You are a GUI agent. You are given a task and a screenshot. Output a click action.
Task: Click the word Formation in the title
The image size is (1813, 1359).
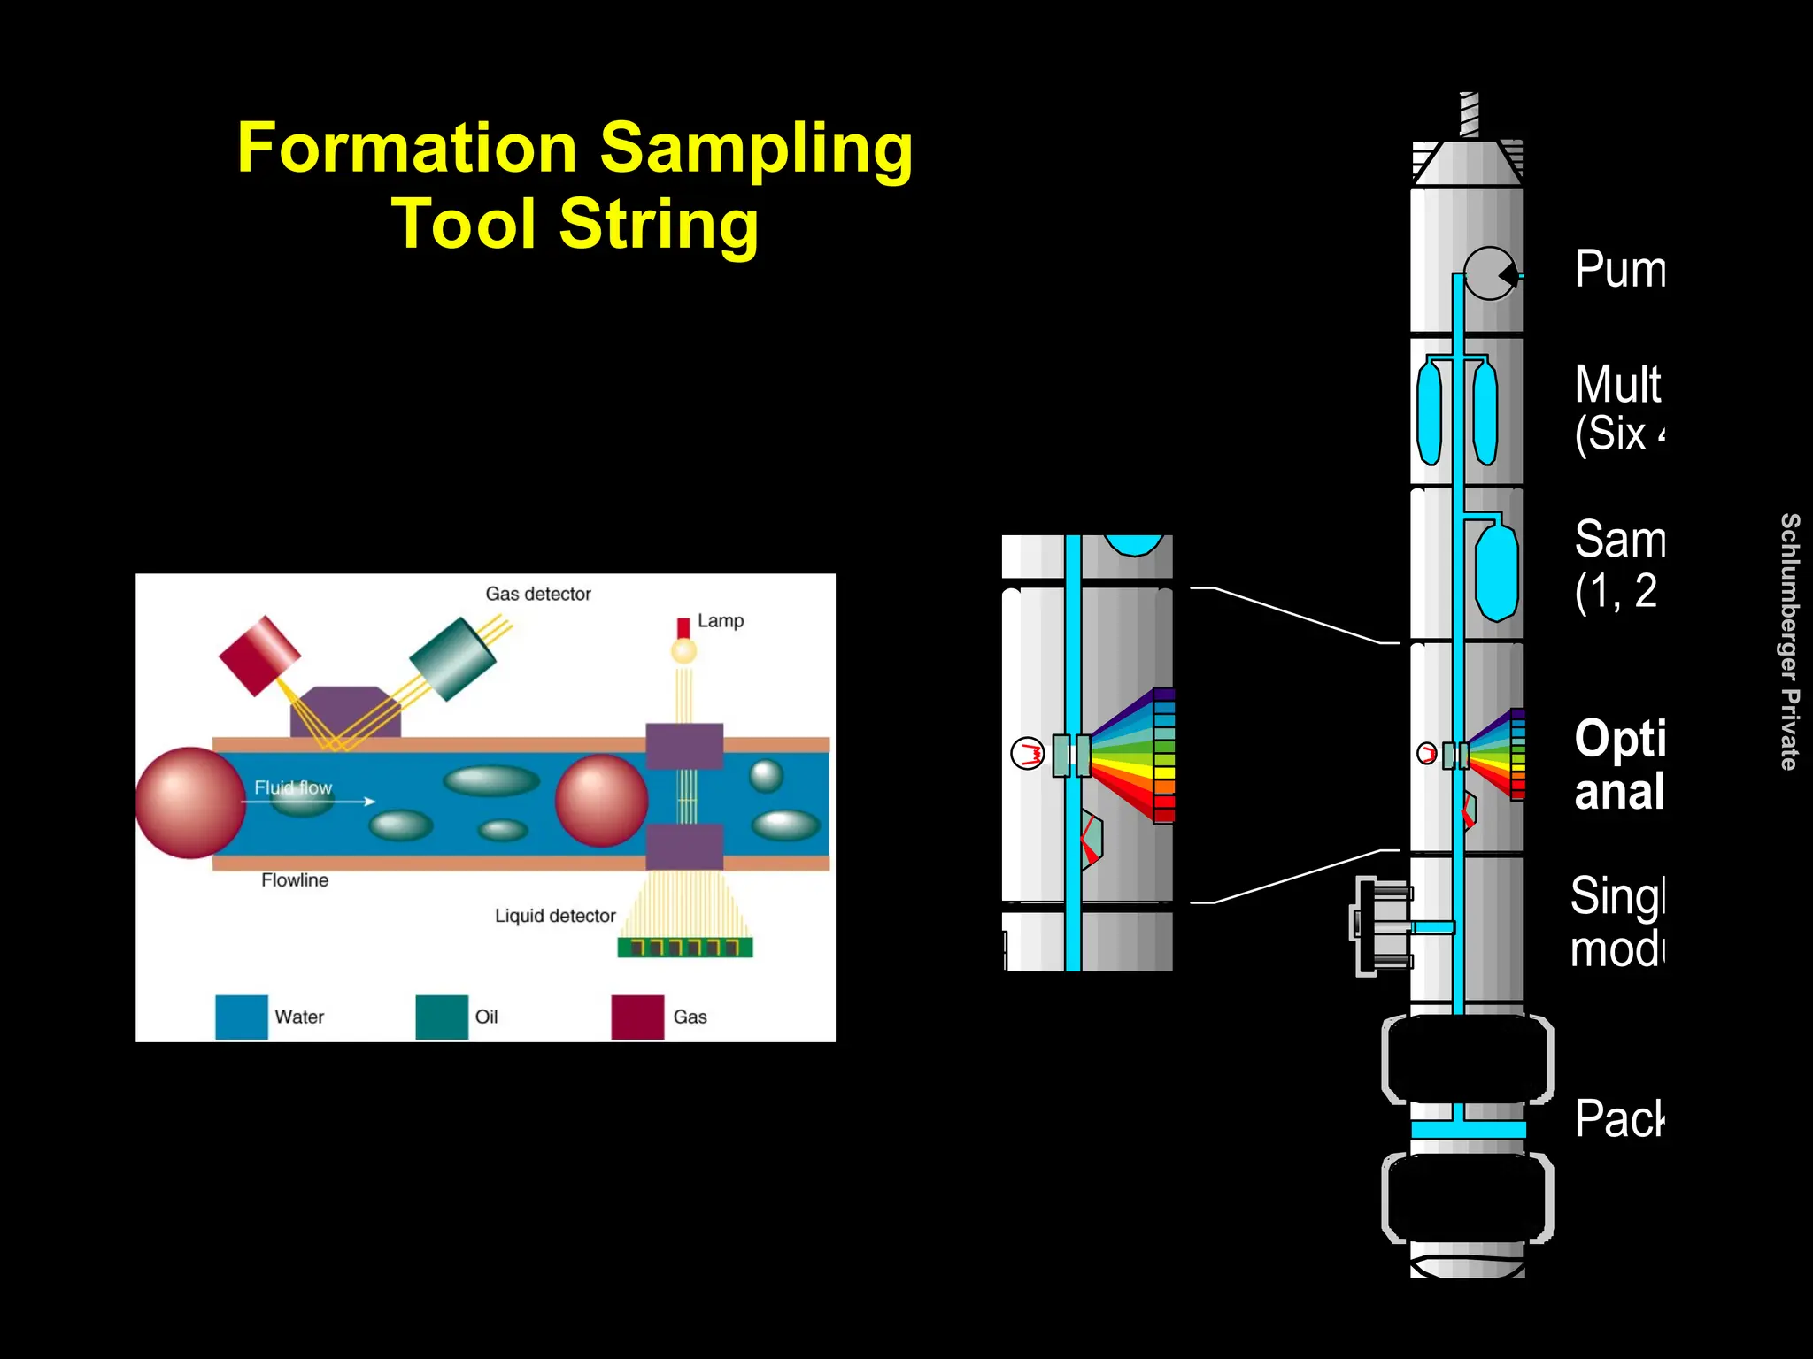407,148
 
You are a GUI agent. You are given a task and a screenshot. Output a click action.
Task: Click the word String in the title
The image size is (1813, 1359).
659,224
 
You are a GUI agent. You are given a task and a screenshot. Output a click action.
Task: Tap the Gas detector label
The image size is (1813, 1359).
537,594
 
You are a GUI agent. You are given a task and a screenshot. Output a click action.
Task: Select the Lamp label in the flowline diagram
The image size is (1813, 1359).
720,620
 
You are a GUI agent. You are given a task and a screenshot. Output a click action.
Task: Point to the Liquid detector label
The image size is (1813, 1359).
554,916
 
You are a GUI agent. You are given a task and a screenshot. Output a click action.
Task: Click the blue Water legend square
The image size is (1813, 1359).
242,1017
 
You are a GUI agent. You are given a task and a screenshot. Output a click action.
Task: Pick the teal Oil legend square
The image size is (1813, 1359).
442,1017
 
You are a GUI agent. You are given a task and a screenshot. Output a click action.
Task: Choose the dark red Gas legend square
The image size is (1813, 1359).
637,1017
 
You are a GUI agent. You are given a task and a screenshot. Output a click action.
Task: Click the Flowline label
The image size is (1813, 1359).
294,880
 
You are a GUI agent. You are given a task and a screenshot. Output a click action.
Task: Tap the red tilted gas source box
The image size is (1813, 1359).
259,655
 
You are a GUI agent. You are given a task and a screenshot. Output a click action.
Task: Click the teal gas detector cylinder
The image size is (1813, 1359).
452,658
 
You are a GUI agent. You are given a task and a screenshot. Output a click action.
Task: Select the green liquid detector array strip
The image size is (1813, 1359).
684,948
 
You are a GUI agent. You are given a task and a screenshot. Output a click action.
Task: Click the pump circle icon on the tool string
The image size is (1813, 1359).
1490,274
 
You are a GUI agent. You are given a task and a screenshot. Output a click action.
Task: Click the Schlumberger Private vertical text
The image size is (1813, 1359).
1789,641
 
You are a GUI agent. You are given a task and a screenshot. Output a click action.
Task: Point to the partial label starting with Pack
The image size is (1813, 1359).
1618,1118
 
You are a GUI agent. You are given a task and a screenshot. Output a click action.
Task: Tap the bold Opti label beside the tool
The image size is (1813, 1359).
1619,738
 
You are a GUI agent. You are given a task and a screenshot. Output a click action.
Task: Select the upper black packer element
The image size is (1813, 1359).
1467,1059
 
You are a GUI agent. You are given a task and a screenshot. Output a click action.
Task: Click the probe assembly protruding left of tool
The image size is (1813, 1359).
1381,926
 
